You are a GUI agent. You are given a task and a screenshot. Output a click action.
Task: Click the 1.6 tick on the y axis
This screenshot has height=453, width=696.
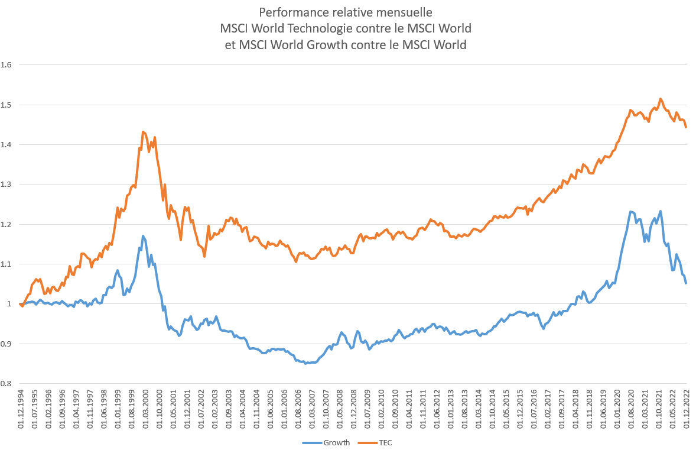[7, 64]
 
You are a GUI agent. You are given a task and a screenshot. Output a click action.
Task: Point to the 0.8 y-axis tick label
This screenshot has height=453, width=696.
[7, 383]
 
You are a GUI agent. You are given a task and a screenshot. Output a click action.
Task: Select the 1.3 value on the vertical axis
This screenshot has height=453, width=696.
[7, 184]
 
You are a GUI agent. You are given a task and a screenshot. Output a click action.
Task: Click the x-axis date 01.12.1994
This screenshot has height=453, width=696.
[21, 409]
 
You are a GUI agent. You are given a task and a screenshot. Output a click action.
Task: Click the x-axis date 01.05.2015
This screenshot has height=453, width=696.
[506, 409]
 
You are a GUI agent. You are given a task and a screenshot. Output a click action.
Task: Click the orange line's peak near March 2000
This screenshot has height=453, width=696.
[144, 132]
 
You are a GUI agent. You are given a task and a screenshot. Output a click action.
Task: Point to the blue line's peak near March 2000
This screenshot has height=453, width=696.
[143, 236]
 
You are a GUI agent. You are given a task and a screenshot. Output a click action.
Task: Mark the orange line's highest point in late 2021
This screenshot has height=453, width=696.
[661, 99]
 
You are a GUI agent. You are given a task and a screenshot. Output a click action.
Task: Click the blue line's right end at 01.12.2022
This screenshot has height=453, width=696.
[686, 283]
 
